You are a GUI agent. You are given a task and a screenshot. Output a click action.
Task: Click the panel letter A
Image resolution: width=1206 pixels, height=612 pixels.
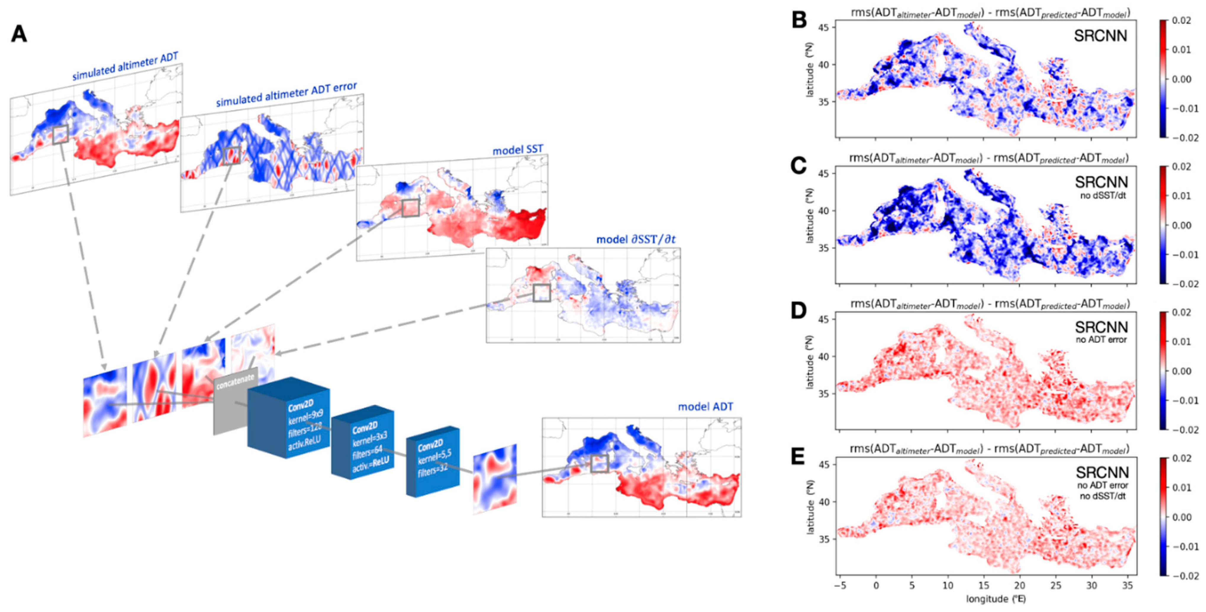pos(19,34)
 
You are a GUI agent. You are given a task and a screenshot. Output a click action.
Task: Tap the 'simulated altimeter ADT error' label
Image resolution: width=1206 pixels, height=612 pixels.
pos(286,94)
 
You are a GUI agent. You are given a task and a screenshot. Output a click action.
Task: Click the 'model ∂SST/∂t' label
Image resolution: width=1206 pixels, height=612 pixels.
pos(635,239)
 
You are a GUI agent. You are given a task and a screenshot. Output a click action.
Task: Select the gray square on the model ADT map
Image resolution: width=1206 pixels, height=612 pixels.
pos(599,463)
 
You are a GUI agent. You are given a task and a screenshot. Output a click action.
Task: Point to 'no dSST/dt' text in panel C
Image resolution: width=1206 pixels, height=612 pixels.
pos(1102,196)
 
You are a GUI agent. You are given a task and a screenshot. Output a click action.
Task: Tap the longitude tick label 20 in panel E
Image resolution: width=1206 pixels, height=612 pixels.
pos(1020,585)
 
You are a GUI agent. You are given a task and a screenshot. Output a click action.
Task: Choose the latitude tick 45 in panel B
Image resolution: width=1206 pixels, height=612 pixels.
pos(824,28)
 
